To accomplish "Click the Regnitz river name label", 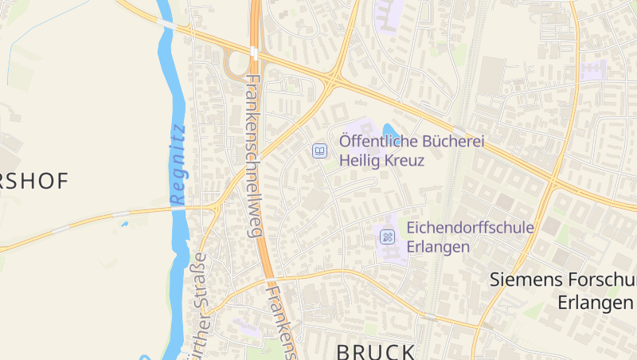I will [177, 163].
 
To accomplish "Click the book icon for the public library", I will [319, 150].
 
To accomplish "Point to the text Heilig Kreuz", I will [381, 160].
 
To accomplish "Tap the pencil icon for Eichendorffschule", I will [387, 236].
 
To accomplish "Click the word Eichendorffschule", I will [470, 228].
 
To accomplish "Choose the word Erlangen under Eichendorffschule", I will [438, 247].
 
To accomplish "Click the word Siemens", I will [526, 280].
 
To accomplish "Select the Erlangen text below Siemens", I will [594, 303].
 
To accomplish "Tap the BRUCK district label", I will [376, 351].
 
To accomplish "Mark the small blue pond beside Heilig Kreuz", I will [390, 131].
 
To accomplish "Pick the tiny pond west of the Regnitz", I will [125, 224].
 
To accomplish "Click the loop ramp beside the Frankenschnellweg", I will [233, 64].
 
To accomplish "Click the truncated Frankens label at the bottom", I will [283, 323].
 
